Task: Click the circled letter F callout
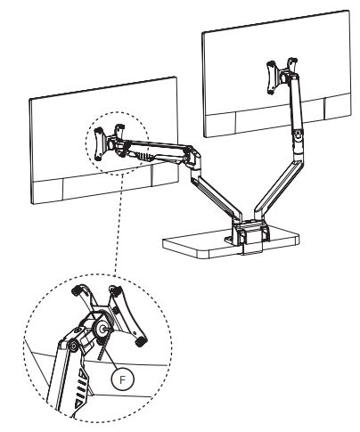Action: click(122, 379)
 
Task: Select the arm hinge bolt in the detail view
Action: click(72, 346)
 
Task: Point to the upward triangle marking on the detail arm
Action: click(83, 373)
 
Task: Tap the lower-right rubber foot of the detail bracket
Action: click(141, 341)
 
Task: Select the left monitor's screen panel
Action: click(104, 141)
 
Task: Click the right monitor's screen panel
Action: click(277, 74)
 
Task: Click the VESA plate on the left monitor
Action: click(110, 142)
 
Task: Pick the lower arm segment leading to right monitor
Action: click(279, 189)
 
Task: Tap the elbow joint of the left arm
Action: click(193, 160)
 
